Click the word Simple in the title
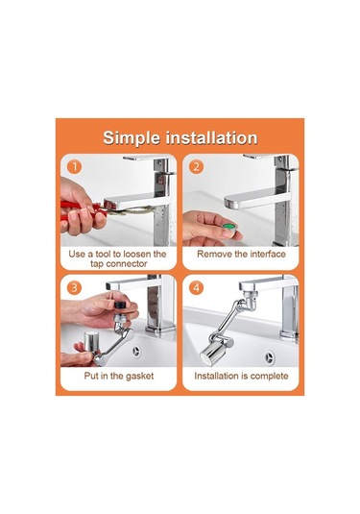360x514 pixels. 132,138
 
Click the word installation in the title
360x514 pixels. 211,137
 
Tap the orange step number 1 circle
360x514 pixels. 75,166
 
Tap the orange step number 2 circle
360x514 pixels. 196,166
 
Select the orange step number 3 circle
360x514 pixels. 74,288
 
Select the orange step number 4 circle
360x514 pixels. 196,288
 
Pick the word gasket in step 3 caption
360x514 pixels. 139,376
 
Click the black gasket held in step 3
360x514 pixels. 121,305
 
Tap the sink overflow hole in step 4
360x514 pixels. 269,356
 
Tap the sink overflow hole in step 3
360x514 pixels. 135,351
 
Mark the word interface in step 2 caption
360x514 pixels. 268,254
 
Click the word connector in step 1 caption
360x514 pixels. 126,264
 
